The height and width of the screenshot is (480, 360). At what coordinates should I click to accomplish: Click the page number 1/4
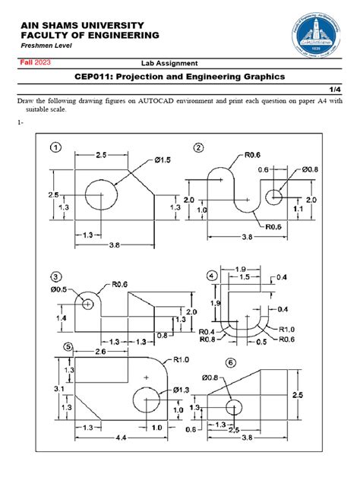[x=340, y=88]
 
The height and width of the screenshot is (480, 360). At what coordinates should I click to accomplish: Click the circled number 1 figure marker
[x=56, y=147]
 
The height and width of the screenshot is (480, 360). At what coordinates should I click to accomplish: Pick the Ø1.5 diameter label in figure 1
[x=165, y=160]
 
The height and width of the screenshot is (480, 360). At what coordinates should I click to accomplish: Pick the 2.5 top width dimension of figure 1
[x=106, y=154]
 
